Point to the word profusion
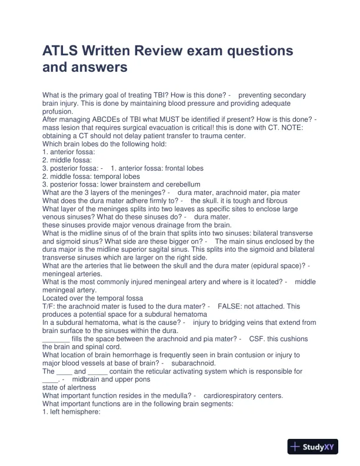(58, 111)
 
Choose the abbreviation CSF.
(257, 339)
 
